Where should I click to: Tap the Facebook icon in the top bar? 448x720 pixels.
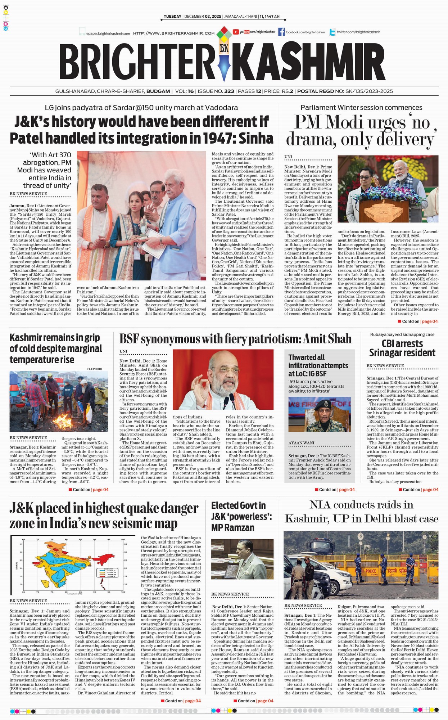[281, 32]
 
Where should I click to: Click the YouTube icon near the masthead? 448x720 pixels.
[236, 32]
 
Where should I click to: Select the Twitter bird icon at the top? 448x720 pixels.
[332, 32]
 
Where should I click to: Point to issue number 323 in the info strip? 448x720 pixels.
[229, 91]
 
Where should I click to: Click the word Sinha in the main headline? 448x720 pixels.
[256, 138]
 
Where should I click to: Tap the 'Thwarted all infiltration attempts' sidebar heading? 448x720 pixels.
[318, 365]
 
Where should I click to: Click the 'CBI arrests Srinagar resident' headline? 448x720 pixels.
[402, 348]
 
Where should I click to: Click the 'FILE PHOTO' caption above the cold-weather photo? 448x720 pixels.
[95, 369]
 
